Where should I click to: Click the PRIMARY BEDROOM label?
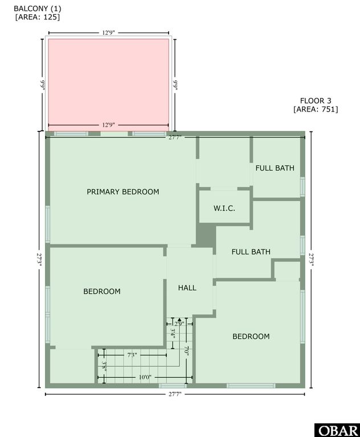[122, 192]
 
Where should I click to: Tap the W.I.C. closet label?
[224, 208]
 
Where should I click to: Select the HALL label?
[187, 288]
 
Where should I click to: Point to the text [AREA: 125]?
[38, 17]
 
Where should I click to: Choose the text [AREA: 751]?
[316, 109]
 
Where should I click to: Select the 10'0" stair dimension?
[145, 377]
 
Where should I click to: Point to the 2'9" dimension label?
[179, 324]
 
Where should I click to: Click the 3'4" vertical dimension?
[173, 332]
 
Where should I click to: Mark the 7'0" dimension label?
[186, 352]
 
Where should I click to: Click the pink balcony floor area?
[108, 80]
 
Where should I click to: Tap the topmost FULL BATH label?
[275, 168]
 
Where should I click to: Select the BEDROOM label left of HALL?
[102, 291]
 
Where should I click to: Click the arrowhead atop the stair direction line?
[179, 320]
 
